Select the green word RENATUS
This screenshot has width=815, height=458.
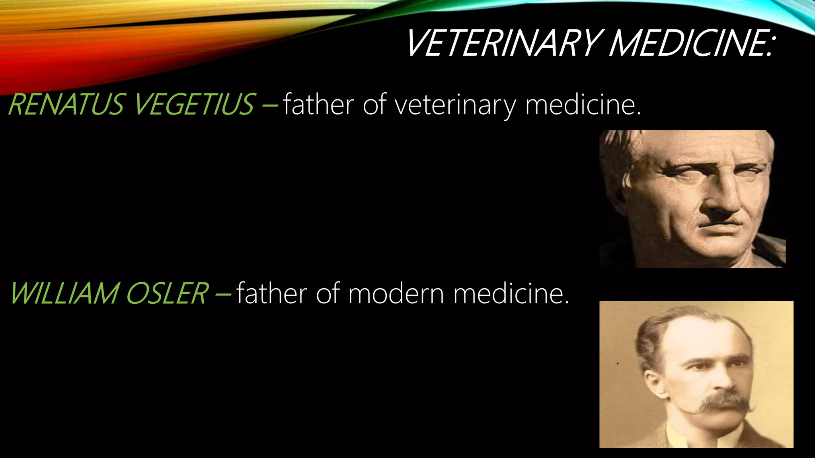click(66, 104)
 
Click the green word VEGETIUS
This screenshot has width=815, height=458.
click(193, 104)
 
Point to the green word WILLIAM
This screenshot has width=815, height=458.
click(64, 293)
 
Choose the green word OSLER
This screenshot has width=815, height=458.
click(167, 293)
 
